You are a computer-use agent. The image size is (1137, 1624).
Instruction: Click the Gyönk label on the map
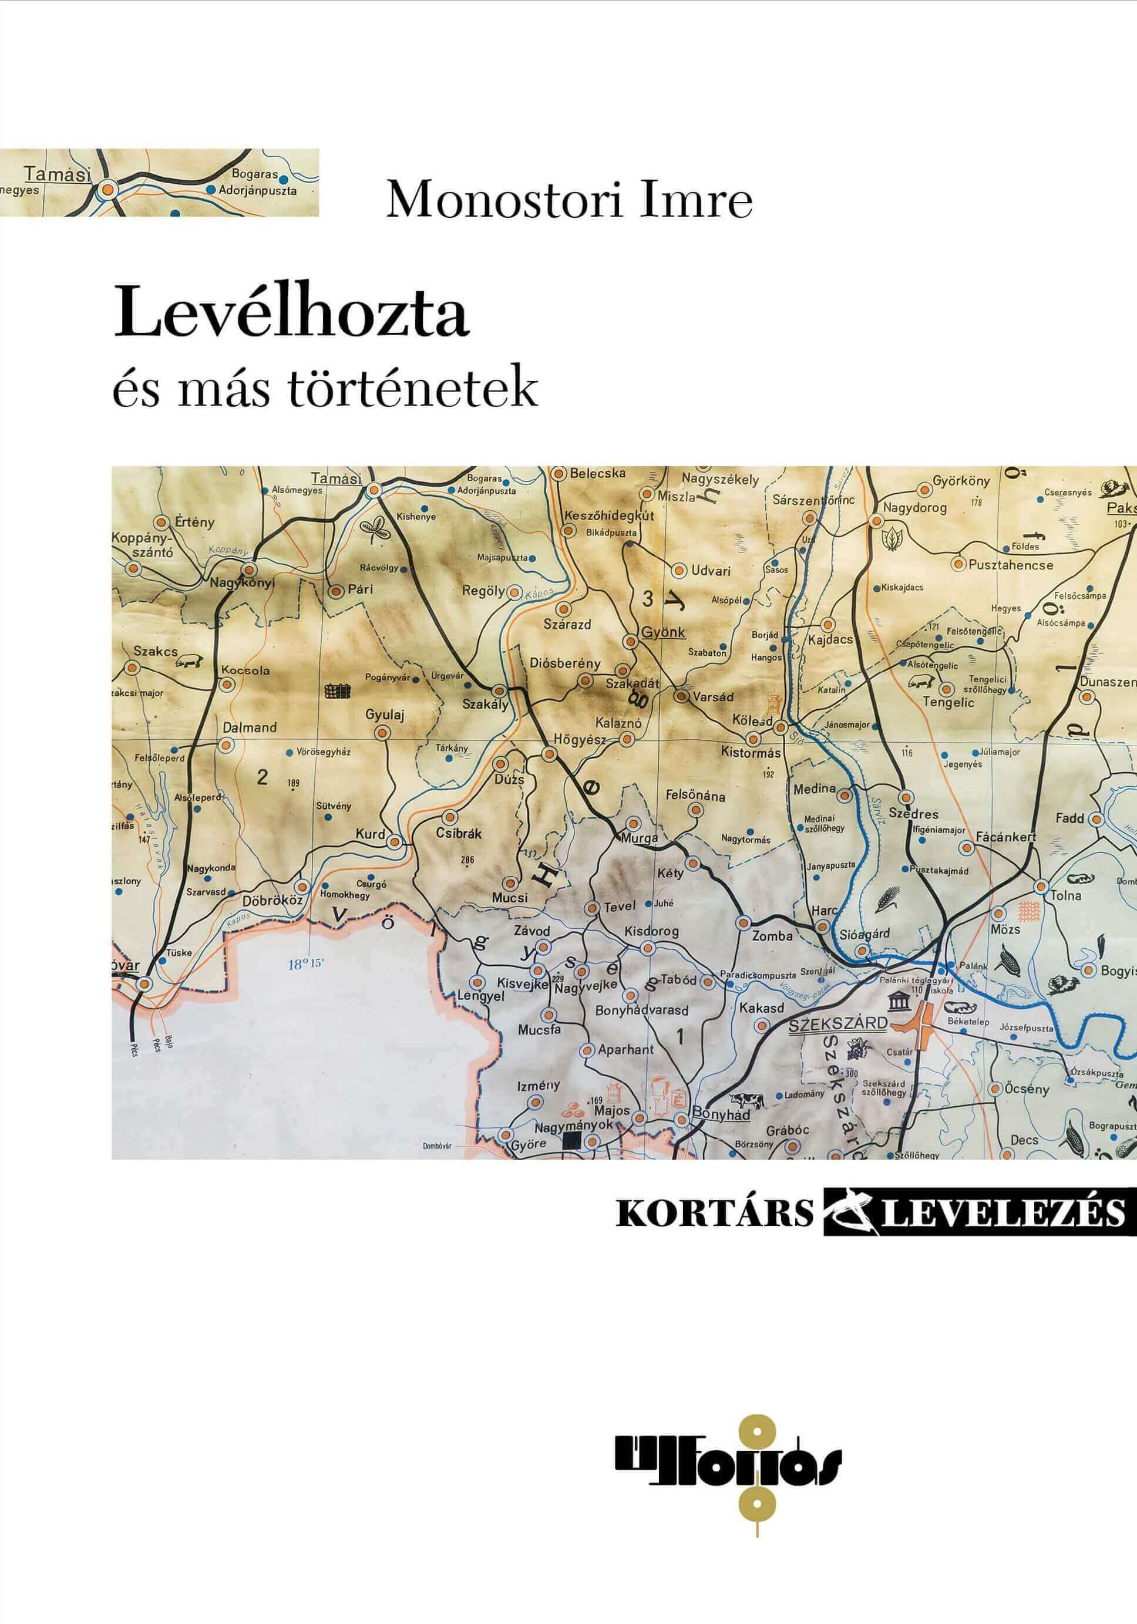(662, 632)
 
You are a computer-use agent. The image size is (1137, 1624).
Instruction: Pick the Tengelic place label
(948, 703)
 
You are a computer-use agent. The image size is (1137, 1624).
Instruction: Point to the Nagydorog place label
(914, 507)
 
